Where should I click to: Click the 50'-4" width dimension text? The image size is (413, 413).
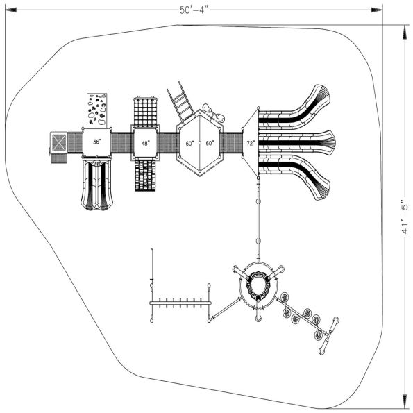coord(194,10)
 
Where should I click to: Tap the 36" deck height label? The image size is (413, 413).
coord(96,142)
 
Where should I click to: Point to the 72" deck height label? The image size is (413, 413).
coord(251,143)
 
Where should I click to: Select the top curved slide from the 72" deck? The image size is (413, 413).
coord(295,115)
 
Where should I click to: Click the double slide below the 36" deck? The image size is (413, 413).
coord(96,185)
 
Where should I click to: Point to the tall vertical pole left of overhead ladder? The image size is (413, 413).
coord(151,285)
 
